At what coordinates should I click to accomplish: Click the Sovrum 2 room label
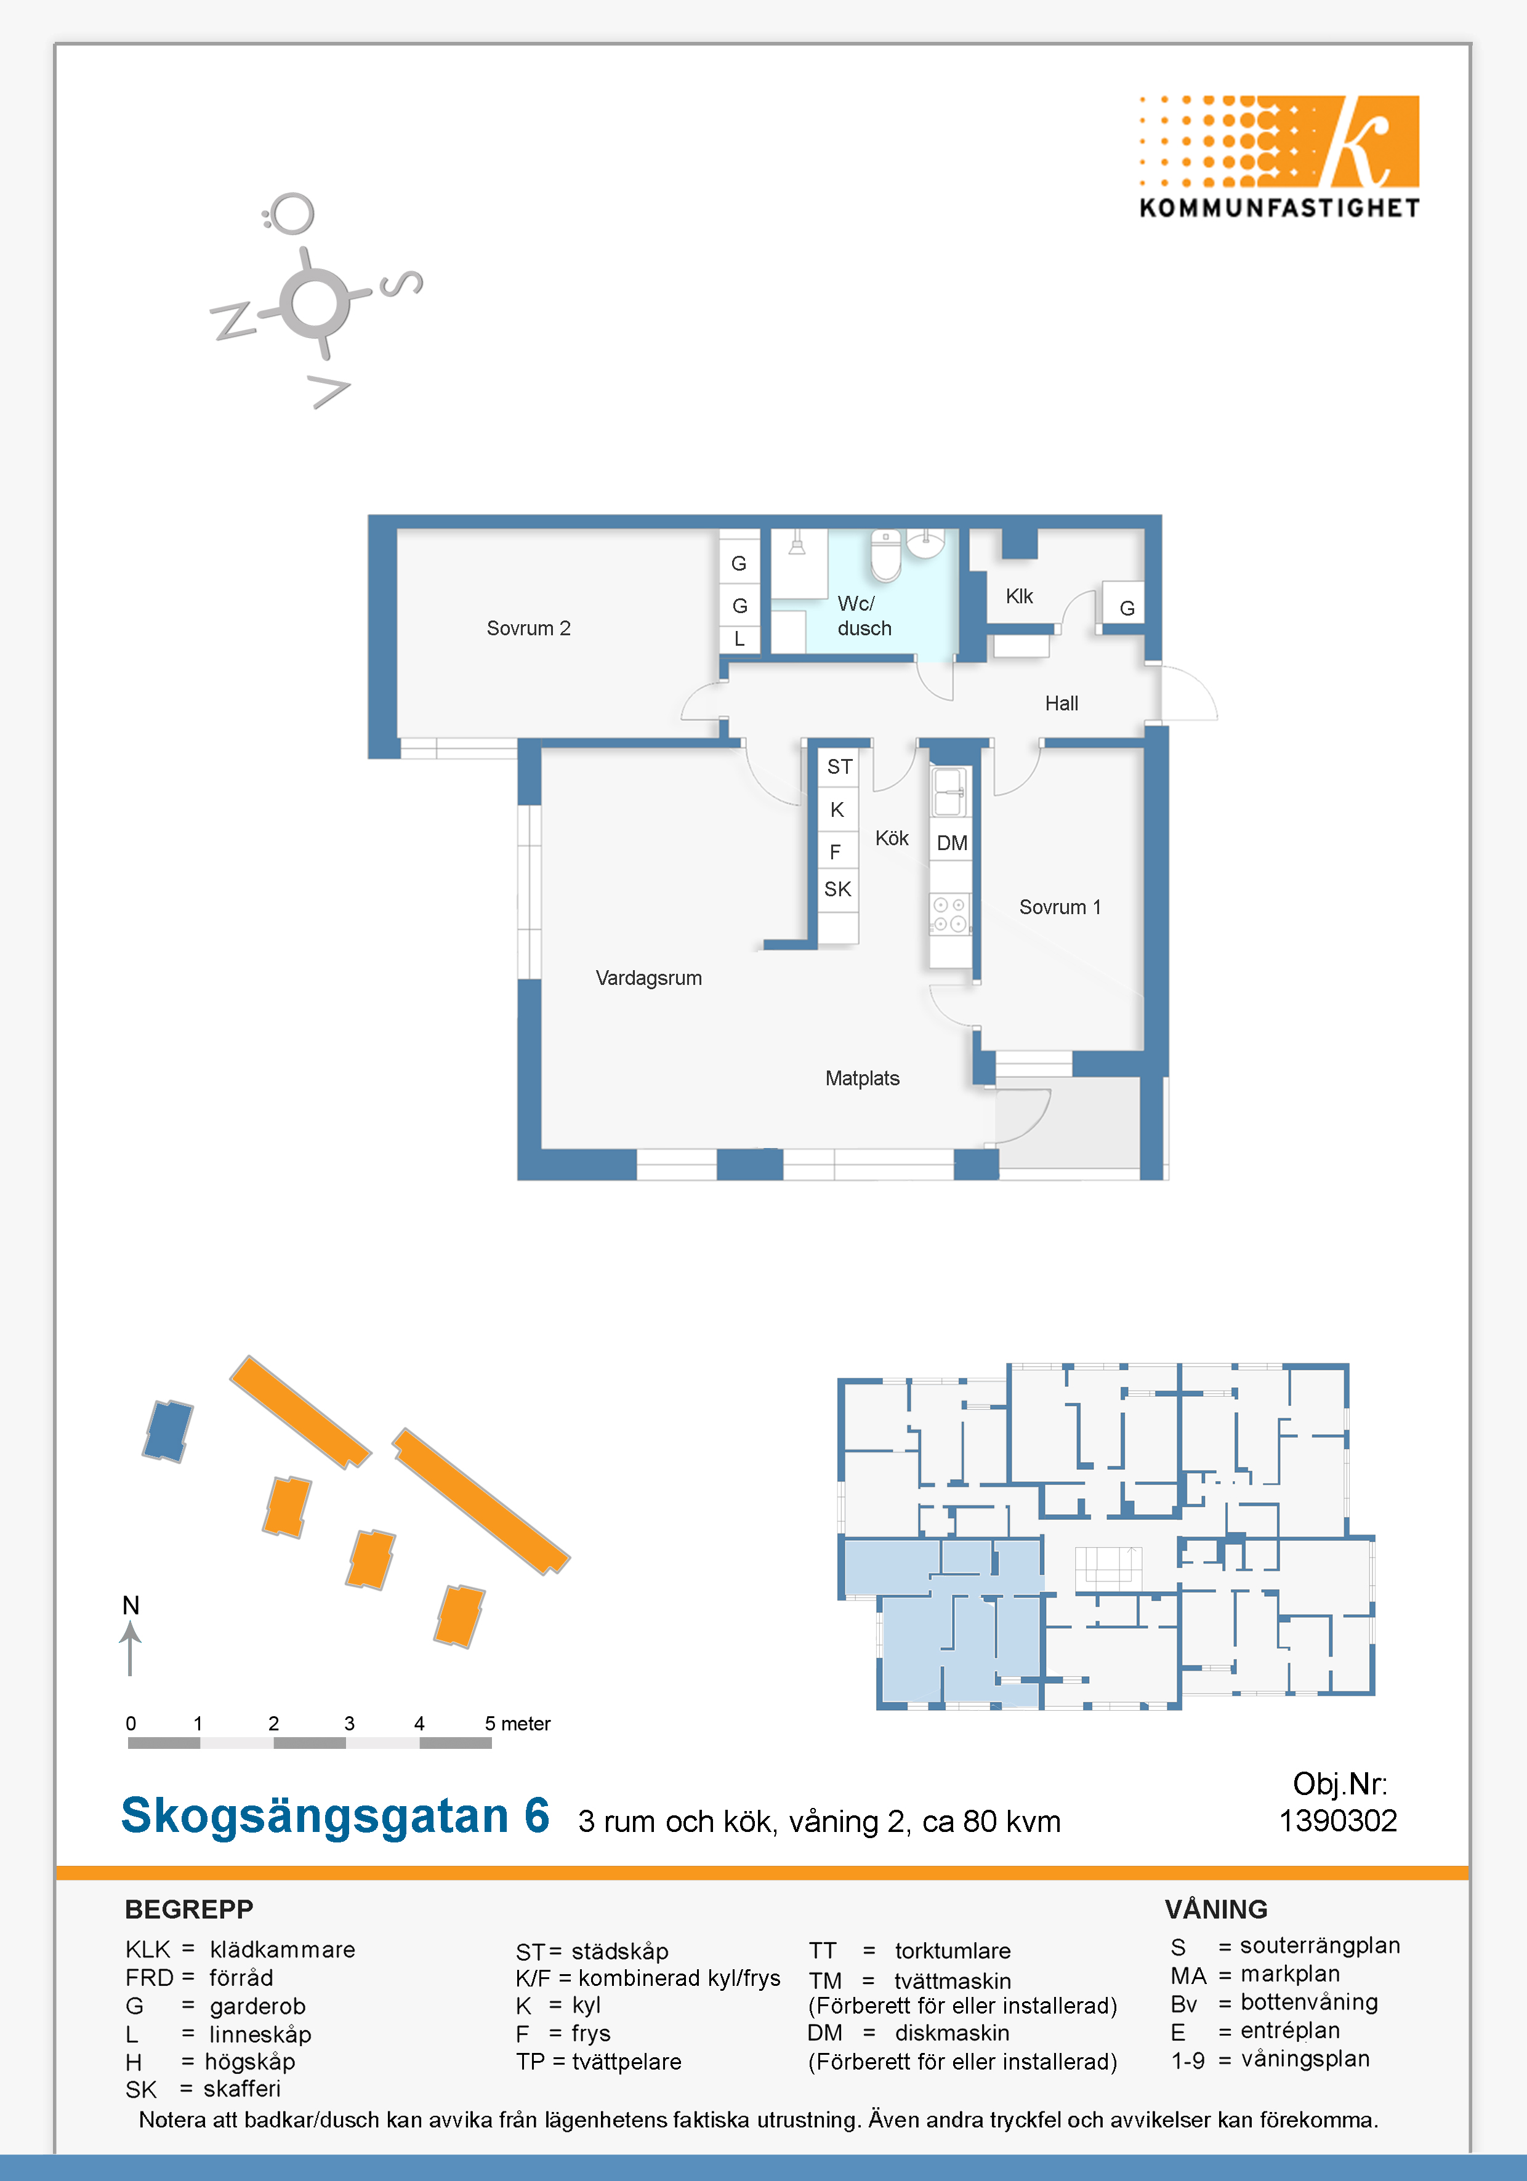[528, 628]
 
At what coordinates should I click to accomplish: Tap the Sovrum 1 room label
[1060, 907]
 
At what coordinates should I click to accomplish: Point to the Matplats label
[862, 1078]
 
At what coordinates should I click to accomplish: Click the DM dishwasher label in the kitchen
[951, 843]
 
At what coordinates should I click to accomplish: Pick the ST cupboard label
[839, 766]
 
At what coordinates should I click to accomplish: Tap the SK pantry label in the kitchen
[837, 889]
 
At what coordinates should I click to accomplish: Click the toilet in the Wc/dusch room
[885, 555]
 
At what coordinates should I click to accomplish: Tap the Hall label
[1062, 704]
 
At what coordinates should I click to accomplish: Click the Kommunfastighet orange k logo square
[1368, 140]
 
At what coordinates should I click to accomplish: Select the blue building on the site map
[167, 1431]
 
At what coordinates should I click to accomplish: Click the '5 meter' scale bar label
[517, 1723]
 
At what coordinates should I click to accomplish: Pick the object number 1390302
[1338, 1821]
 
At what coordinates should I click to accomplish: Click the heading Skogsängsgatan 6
[336, 1815]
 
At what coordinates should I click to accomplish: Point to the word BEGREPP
[189, 1910]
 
